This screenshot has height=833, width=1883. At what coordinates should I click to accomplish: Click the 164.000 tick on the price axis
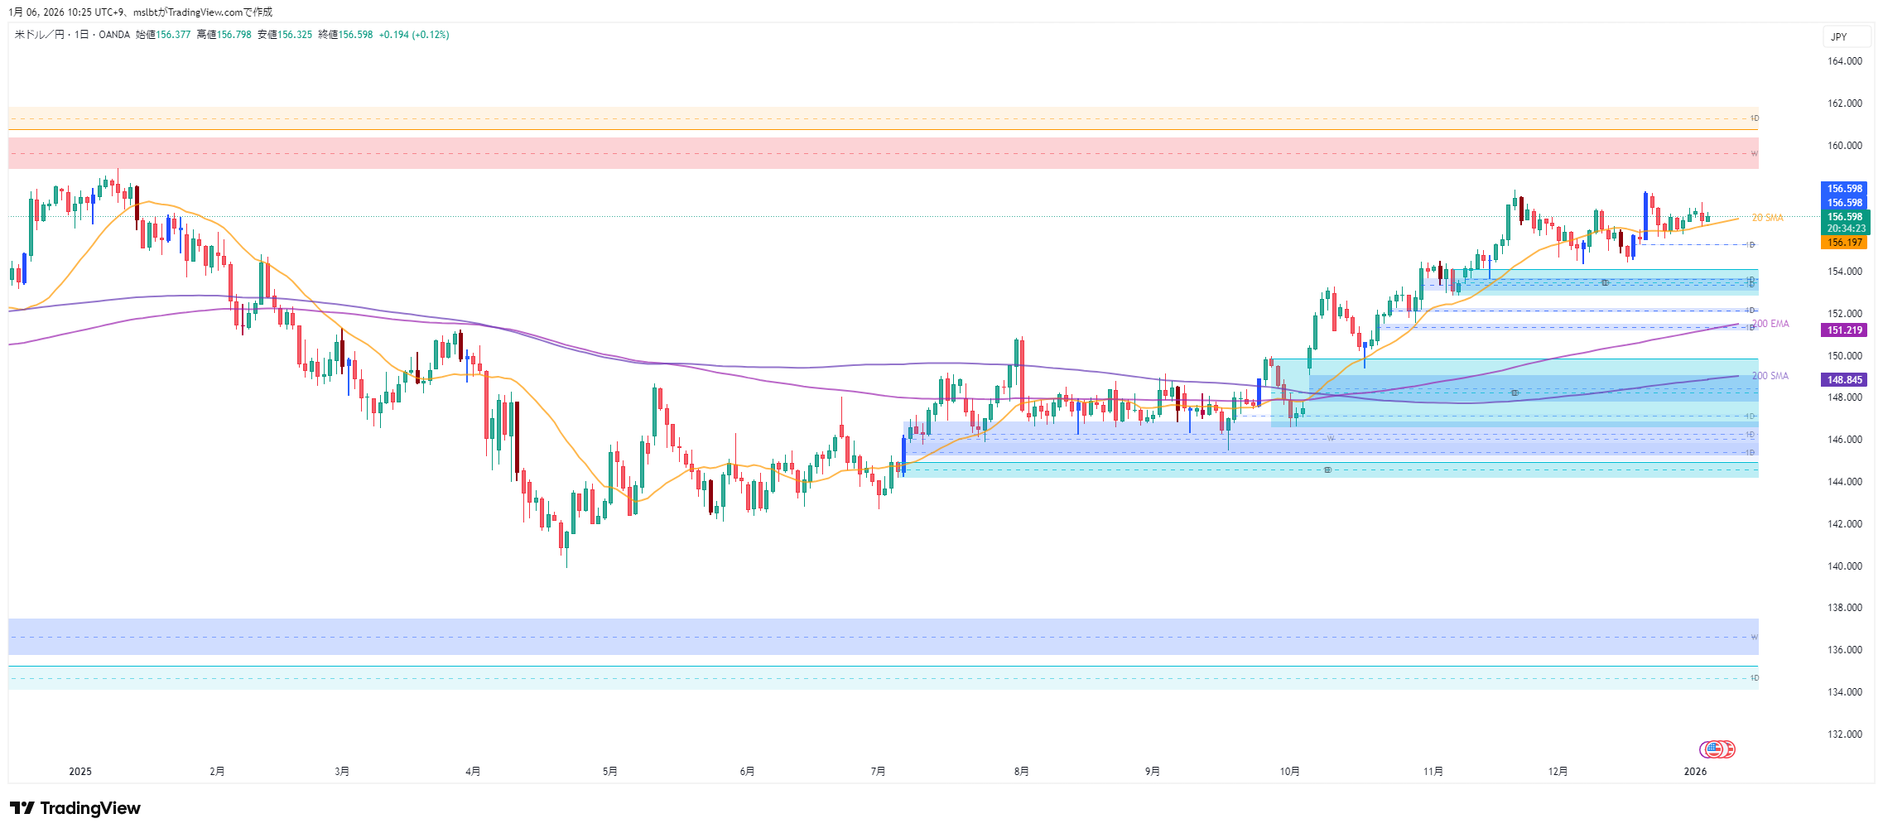(x=1844, y=61)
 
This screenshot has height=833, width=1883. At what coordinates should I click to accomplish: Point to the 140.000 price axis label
(x=1844, y=566)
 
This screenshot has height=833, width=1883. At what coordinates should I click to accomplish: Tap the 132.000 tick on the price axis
(x=1844, y=734)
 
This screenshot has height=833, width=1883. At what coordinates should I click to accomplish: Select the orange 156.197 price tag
(x=1844, y=243)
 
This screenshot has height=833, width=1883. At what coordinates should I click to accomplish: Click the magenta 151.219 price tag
(x=1844, y=330)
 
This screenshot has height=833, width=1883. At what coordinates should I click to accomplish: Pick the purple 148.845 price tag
(x=1844, y=380)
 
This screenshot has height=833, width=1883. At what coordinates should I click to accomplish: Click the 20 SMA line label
(x=1767, y=218)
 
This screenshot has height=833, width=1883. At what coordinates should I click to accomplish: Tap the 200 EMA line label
(x=1770, y=324)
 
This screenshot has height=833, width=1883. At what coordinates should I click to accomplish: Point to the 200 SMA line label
(x=1770, y=376)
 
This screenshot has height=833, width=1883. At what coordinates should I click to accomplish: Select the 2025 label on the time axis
(x=80, y=772)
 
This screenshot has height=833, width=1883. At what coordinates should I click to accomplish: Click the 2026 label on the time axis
(x=1695, y=772)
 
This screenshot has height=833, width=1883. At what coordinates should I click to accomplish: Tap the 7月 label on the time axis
(x=878, y=772)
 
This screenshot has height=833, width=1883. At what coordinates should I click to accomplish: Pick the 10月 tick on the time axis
(x=1289, y=772)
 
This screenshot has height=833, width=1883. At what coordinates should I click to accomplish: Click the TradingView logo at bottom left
(x=75, y=808)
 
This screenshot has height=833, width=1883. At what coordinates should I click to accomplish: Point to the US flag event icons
(x=1717, y=749)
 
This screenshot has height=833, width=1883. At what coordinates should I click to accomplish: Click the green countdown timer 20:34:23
(x=1846, y=229)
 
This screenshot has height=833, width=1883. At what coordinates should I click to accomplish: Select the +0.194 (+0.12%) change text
(x=414, y=35)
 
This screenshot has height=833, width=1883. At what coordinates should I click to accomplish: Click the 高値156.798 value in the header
(x=224, y=35)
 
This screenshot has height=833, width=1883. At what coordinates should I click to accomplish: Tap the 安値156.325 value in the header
(x=285, y=35)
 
